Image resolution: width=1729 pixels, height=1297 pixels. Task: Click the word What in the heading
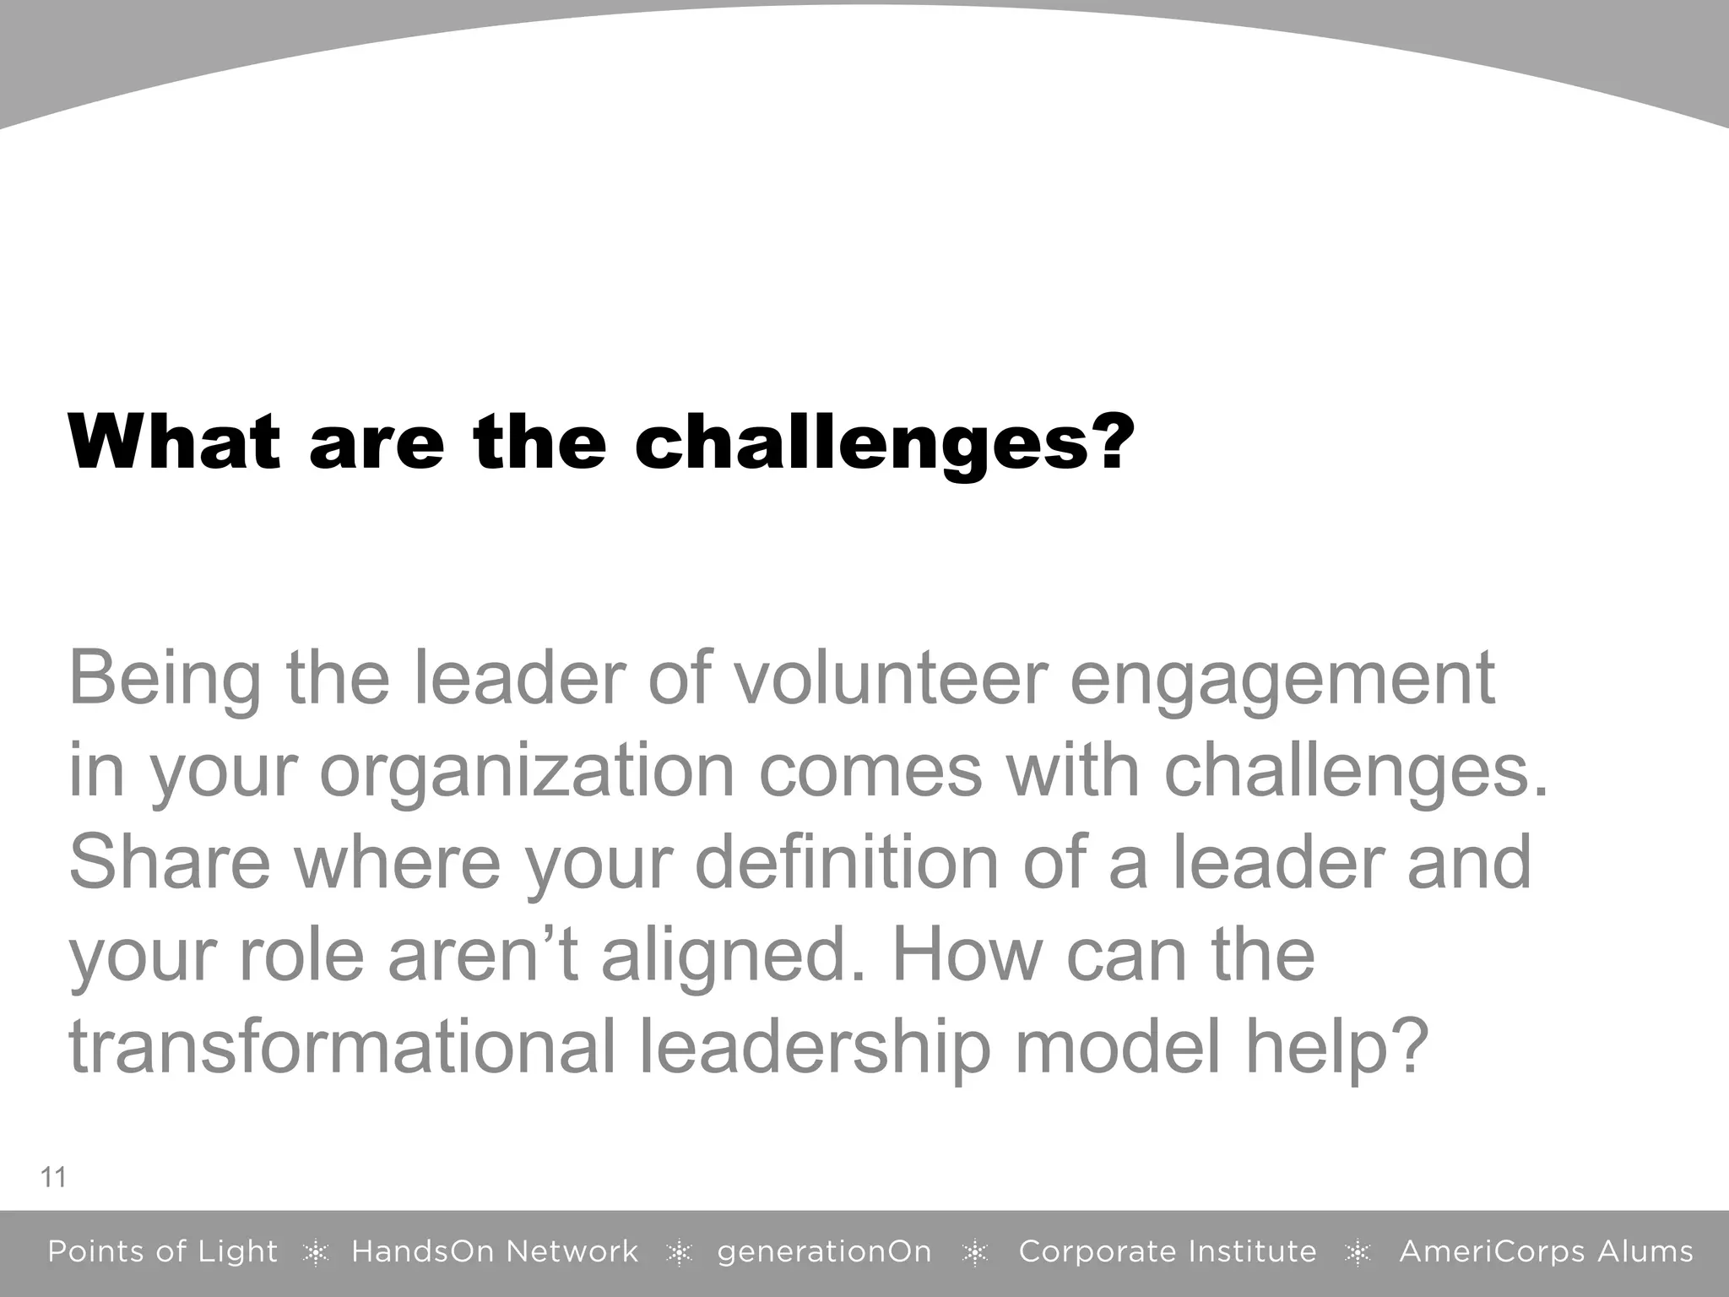(173, 442)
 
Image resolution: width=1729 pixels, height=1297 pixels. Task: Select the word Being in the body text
(165, 679)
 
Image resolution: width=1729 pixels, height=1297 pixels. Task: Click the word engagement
(1282, 681)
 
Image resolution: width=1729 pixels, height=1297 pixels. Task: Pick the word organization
(527, 773)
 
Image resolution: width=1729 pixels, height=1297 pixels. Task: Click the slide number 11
(53, 1177)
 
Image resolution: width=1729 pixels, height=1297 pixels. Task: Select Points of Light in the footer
(162, 1251)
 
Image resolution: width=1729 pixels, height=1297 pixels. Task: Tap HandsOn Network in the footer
(495, 1251)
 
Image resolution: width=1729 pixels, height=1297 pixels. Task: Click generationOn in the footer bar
(824, 1251)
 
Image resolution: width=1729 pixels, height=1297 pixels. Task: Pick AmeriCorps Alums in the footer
(1546, 1251)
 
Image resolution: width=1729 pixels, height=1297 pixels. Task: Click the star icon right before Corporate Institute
(975, 1253)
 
